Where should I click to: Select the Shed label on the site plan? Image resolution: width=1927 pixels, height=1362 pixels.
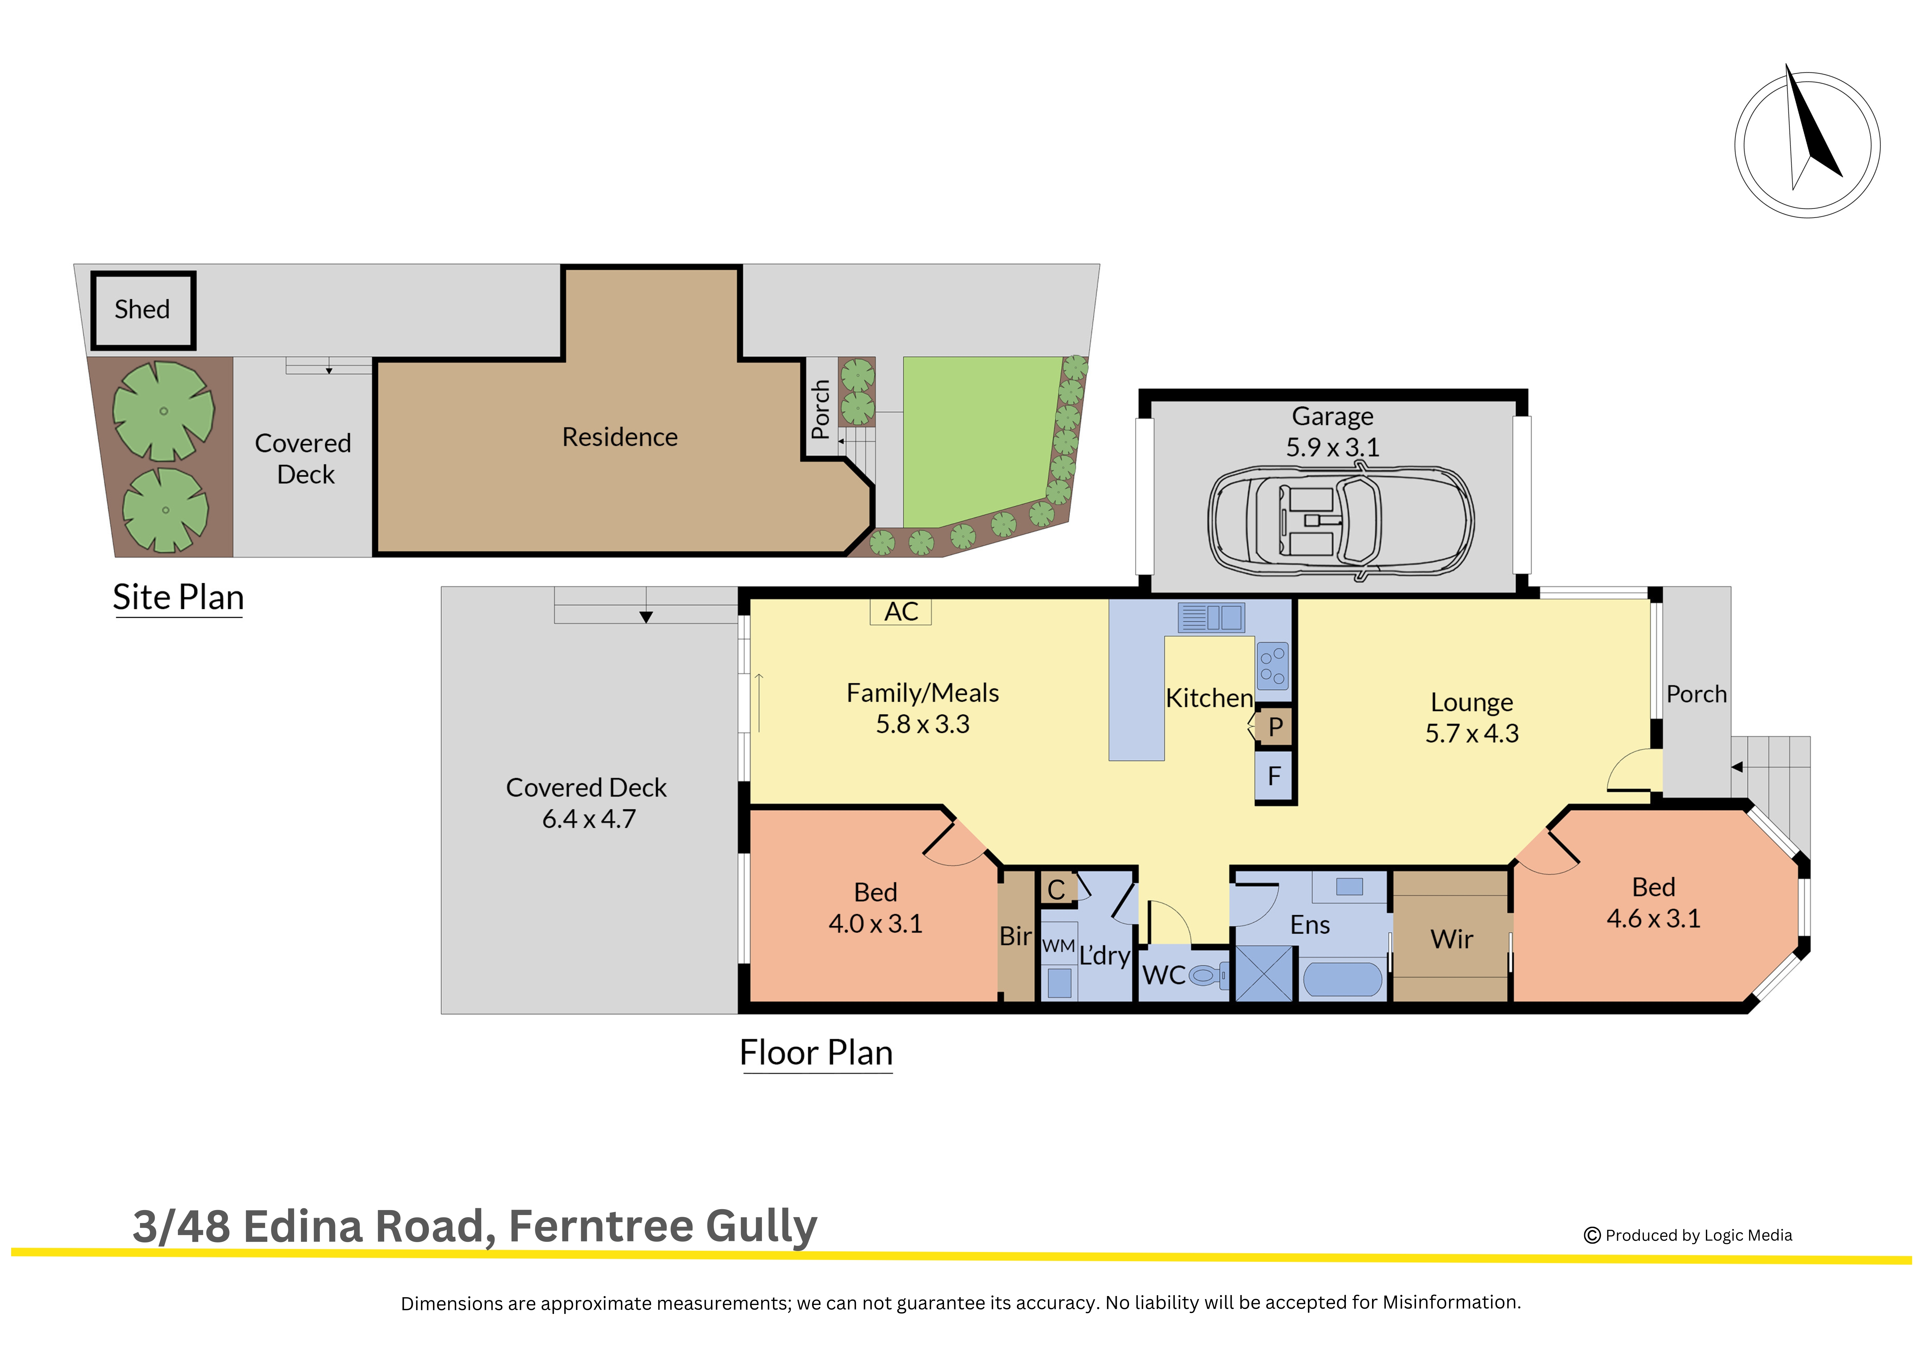(x=142, y=310)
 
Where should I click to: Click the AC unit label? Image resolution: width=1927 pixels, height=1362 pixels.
(x=901, y=612)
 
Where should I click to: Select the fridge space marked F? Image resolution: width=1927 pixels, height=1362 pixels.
(x=1274, y=776)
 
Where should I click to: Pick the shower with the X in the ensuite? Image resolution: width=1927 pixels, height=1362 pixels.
(x=1264, y=973)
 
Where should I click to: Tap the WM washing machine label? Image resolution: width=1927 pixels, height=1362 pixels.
(x=1058, y=946)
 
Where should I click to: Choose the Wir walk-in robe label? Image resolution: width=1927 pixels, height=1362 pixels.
(x=1451, y=939)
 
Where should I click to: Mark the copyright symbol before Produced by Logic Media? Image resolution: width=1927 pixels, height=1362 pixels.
(x=1591, y=1235)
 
